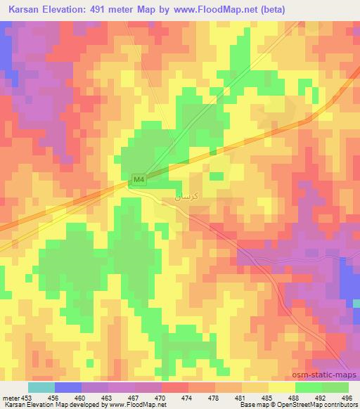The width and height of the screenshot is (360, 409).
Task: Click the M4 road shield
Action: tap(139, 181)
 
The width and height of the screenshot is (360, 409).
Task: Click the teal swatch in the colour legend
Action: tap(41, 387)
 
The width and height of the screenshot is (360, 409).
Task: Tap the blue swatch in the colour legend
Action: tap(67, 387)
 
